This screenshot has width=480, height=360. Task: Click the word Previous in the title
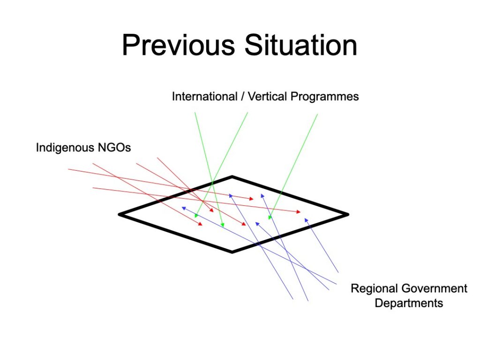(178, 45)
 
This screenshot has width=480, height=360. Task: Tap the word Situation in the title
(301, 45)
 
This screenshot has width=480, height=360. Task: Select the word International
(204, 97)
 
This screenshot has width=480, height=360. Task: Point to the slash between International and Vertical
(242, 97)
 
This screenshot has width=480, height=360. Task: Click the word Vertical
(267, 97)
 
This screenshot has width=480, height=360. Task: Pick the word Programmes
(324, 97)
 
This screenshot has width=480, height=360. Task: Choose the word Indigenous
(65, 148)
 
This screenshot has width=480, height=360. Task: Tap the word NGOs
(114, 148)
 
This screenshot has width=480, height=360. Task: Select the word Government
(435, 288)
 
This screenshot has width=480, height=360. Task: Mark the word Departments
(409, 303)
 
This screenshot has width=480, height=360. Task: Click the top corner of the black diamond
(232, 177)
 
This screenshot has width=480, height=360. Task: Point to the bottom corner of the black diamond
(232, 252)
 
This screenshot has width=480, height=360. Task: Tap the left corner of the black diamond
(120, 215)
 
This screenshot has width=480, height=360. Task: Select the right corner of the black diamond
(348, 215)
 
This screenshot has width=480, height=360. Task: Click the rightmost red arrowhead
(299, 211)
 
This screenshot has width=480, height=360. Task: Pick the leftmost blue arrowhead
(184, 208)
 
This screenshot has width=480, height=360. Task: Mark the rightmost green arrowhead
(270, 217)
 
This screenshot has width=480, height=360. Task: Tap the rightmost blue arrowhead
(306, 220)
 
